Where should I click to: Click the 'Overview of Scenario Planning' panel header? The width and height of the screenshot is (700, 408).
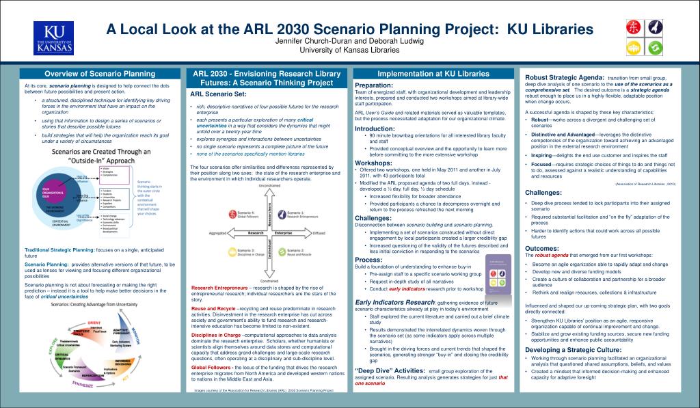pos(100,74)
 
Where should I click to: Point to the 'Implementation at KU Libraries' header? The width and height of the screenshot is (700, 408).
pos(434,74)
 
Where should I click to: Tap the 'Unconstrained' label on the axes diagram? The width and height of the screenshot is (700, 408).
pos(269,186)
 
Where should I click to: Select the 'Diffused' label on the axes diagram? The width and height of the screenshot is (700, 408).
pos(319,233)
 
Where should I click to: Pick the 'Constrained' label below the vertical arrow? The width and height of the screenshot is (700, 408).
pos(269,281)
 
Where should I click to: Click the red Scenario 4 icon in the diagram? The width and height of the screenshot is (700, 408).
pos(233,213)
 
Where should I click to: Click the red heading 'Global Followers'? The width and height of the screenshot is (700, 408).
pos(211,367)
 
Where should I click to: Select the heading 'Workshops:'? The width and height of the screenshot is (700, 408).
pos(373,163)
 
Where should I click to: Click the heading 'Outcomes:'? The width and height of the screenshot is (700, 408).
pos(542,248)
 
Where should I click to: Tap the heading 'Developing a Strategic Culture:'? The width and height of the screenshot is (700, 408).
pos(573,350)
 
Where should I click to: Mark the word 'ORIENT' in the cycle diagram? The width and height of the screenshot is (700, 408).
pos(94,323)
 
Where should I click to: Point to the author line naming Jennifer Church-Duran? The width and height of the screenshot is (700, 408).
pos(349,41)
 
